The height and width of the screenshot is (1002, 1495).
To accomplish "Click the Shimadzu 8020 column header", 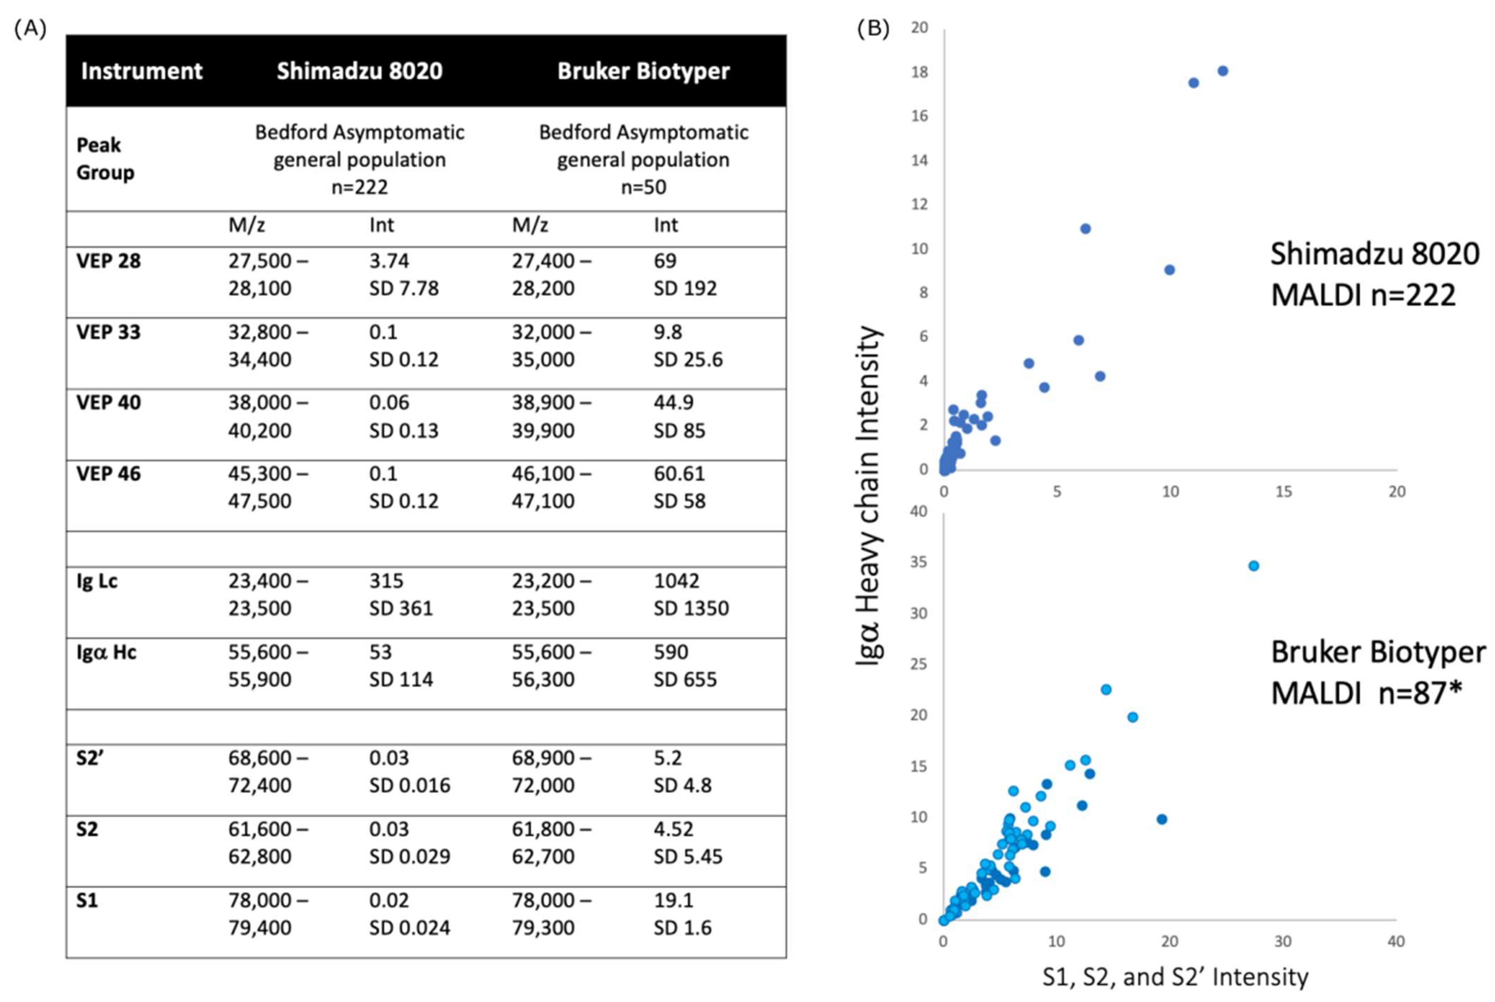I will [359, 71].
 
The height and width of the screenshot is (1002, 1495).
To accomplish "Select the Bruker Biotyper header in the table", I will [643, 71].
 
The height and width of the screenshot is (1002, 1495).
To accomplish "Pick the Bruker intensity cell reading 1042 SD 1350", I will [690, 594].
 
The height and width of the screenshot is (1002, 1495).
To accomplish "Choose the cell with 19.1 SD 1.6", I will [682, 914].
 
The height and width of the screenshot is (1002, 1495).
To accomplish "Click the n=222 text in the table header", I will [359, 187].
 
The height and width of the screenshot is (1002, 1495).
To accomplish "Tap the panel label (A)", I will [30, 29].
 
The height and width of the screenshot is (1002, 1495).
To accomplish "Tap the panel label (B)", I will [872, 29].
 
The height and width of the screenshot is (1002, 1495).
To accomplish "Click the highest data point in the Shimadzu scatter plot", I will [1222, 71].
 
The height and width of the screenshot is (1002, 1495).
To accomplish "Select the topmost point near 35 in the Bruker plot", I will [1253, 566].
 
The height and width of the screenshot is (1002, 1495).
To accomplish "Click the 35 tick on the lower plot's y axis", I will [919, 563].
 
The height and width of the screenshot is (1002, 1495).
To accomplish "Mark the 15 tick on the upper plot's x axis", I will [1284, 491].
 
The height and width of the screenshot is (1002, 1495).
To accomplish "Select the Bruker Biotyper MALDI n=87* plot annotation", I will [1378, 673].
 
